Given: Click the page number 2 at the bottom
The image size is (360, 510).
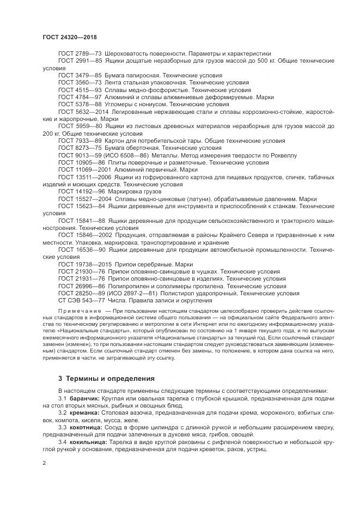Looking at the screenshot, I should tap(45, 463).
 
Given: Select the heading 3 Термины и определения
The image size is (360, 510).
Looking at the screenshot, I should tap(107, 378).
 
